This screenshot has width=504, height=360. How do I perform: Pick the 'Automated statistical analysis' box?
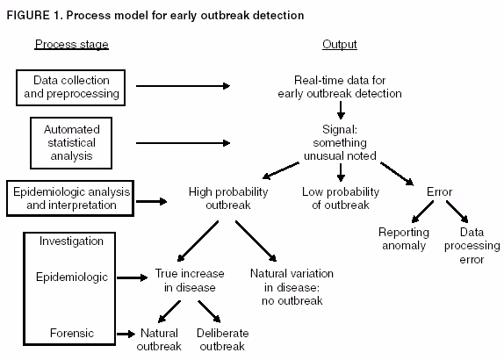click(72, 142)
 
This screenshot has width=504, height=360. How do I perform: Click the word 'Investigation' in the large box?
click(64, 241)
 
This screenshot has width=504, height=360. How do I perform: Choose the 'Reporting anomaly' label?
click(403, 239)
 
